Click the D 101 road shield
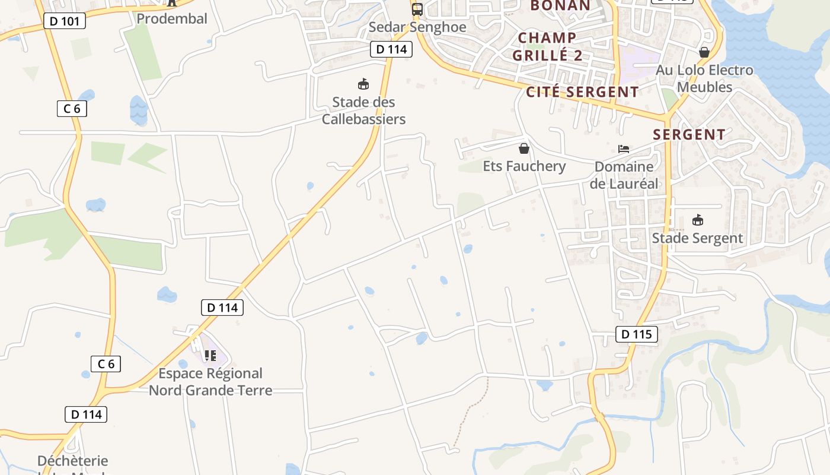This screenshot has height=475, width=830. coord(65,21)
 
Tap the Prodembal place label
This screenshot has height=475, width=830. coord(172,18)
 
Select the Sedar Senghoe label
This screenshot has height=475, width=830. coord(417,27)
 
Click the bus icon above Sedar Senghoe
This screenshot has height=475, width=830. coord(417,9)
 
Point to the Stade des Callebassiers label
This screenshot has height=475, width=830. coord(363,110)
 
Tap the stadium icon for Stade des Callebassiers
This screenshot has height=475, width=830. coord(363,84)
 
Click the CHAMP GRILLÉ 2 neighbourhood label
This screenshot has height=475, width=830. coord(547,46)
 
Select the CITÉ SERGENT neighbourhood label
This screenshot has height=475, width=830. coord(582,92)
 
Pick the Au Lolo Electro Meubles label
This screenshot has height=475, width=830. coord(704,78)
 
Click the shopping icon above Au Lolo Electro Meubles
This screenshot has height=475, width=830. coord(704,52)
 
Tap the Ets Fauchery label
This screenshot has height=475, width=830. coord(524,166)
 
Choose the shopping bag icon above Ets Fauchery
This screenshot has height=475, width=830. coord(524,148)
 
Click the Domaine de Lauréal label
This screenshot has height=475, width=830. coord(624,175)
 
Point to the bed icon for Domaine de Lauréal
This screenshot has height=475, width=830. coord(624,149)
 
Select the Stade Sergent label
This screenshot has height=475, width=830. coord(697,238)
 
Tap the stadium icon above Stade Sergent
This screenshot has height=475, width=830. coord(697,220)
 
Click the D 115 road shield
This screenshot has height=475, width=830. coord(637,334)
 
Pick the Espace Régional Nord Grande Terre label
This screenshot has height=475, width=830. coord(210,382)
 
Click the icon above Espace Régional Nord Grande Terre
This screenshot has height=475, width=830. coord(210,356)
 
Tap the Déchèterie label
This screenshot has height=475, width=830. coord(72,461)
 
